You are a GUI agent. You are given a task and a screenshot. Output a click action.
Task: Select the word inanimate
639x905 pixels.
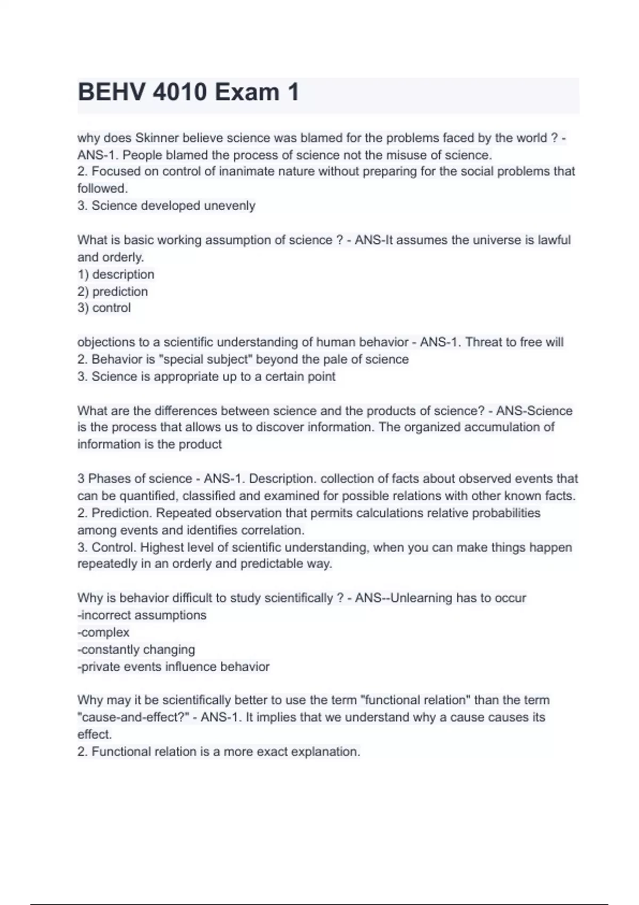[x=259, y=171]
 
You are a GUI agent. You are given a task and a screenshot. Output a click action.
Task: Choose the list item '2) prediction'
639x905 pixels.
[x=112, y=291]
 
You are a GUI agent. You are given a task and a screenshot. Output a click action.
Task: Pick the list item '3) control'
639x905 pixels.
[x=104, y=308]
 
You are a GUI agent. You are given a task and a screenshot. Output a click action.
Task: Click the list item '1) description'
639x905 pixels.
[x=116, y=274]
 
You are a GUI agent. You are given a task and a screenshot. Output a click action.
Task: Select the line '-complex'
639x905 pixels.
[x=103, y=632]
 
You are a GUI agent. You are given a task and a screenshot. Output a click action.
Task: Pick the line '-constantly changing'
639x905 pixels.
[x=136, y=649]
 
